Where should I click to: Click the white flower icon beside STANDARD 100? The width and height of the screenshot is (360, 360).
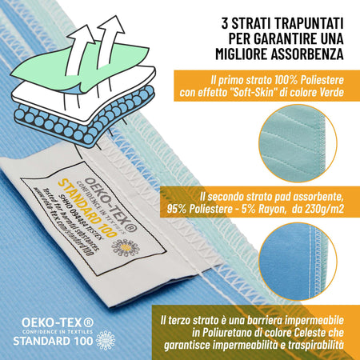click(x=106, y=338)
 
